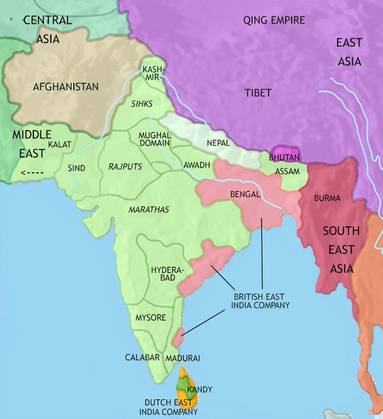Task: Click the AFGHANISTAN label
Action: pyautogui.click(x=66, y=87)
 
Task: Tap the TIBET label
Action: pyautogui.click(x=258, y=93)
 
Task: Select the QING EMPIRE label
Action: pyautogui.click(x=274, y=21)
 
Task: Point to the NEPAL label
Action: pyautogui.click(x=218, y=142)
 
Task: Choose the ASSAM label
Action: pyautogui.click(x=287, y=171)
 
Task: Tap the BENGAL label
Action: pyautogui.click(x=245, y=194)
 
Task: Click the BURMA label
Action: pyautogui.click(x=327, y=197)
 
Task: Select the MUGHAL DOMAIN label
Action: pyautogui.click(x=155, y=138)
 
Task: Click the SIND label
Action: pyautogui.click(x=77, y=168)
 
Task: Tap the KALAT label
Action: pyautogui.click(x=59, y=144)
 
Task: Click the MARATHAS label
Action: pyautogui.click(x=148, y=209)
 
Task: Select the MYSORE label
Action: pyautogui.click(x=150, y=317)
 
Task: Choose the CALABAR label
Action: pyautogui.click(x=142, y=357)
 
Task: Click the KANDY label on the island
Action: pyautogui.click(x=199, y=389)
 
